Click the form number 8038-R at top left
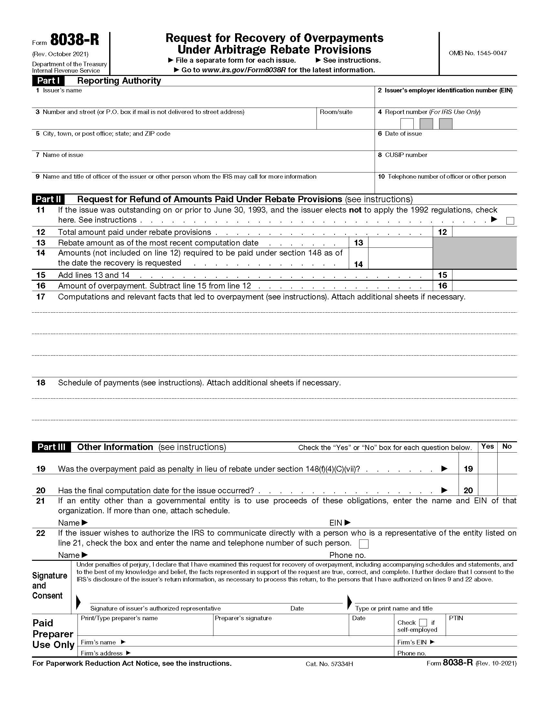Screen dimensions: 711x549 (75, 40)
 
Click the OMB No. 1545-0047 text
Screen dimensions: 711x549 (477, 53)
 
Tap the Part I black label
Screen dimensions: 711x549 (48, 81)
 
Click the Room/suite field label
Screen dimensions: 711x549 (336, 112)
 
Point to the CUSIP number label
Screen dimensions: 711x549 (406, 155)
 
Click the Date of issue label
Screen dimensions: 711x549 (403, 133)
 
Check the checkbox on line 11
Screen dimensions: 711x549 (510, 221)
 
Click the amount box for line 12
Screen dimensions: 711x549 (484, 232)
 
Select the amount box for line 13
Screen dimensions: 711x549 (400, 243)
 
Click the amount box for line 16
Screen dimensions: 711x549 (484, 286)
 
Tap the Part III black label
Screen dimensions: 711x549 (51, 447)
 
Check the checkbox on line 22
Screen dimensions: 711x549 (364, 544)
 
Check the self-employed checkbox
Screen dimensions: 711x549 (423, 622)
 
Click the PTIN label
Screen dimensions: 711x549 (456, 618)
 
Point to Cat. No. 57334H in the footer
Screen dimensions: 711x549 (329, 664)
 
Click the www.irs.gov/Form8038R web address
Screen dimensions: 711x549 (243, 70)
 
